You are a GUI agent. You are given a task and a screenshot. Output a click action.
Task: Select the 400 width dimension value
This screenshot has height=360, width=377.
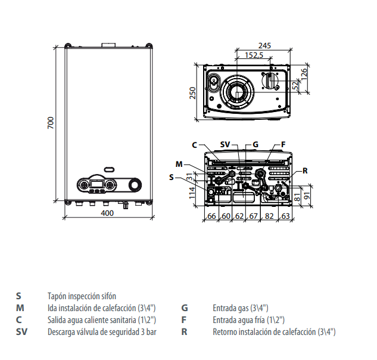[x=107, y=213]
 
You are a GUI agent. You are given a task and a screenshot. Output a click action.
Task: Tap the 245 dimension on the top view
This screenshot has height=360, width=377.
[x=264, y=45]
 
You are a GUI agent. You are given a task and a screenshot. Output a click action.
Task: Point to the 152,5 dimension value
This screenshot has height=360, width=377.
[x=254, y=55]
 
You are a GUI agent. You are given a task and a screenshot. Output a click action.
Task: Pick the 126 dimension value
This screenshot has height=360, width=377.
[x=304, y=75]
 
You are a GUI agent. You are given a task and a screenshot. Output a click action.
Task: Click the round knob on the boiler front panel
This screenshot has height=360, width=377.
[x=136, y=185]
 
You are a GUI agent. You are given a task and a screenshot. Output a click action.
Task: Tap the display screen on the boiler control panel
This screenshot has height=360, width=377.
[x=95, y=184]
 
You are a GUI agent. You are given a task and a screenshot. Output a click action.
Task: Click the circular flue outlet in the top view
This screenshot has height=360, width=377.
[x=239, y=92]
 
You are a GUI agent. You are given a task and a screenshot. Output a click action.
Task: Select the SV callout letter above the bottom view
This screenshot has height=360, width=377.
[x=225, y=144]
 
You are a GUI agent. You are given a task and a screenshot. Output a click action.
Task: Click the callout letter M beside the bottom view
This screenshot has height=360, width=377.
[x=179, y=164]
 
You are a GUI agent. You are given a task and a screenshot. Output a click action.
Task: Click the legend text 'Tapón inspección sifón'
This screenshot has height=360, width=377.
[x=82, y=296]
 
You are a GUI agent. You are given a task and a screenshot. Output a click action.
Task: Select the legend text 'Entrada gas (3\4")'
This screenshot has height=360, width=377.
[x=241, y=308]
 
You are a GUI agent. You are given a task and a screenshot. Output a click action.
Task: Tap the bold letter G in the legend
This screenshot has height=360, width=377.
[x=185, y=308]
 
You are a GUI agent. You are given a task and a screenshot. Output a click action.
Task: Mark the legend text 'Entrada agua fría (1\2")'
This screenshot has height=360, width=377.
[x=248, y=320]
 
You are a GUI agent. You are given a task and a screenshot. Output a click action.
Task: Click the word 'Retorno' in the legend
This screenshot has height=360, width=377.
[x=225, y=332]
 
